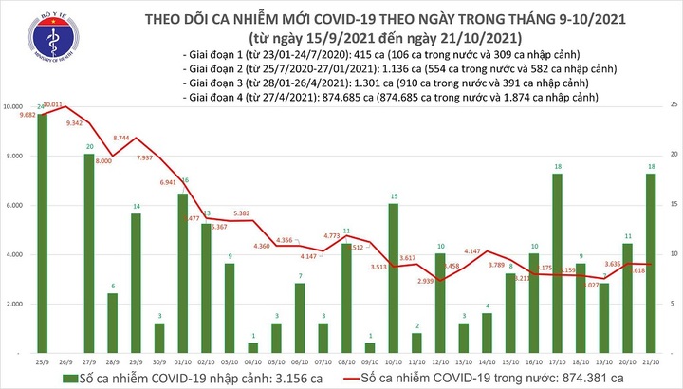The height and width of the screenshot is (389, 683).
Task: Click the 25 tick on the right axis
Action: [x=673, y=103]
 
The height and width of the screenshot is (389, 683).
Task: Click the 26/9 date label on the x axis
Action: [x=66, y=362]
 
